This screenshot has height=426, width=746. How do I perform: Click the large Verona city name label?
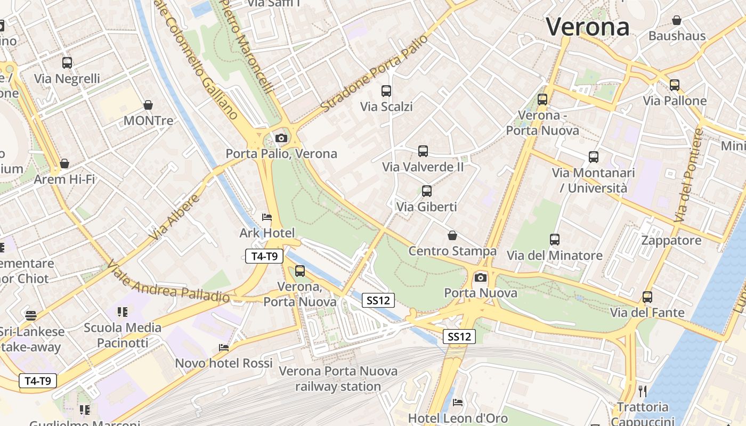(588, 27)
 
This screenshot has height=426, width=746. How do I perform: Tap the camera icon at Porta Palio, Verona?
(281, 138)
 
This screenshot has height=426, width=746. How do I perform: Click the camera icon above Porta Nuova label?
(481, 277)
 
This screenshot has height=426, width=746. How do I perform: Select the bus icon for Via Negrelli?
(67, 63)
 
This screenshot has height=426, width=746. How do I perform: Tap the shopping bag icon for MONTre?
(148, 105)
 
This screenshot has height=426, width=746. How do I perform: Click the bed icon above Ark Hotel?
(267, 217)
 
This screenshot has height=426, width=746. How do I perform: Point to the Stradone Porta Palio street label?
(375, 73)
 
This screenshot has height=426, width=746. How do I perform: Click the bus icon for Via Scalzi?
(386, 91)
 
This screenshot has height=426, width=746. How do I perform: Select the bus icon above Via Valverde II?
(423, 151)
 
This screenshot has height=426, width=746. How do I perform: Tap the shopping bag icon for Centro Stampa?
(452, 235)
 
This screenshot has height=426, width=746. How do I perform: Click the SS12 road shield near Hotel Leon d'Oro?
(459, 337)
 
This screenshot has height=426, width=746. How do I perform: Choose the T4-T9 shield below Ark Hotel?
(264, 256)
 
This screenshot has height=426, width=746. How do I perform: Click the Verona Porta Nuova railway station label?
(338, 379)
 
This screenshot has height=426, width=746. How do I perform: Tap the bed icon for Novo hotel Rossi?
(224, 348)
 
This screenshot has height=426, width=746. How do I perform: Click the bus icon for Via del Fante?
(647, 297)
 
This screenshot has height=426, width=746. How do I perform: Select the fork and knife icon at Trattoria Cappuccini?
(643, 391)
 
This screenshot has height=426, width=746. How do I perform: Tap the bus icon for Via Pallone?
(675, 85)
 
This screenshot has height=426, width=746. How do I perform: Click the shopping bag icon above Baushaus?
(677, 21)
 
